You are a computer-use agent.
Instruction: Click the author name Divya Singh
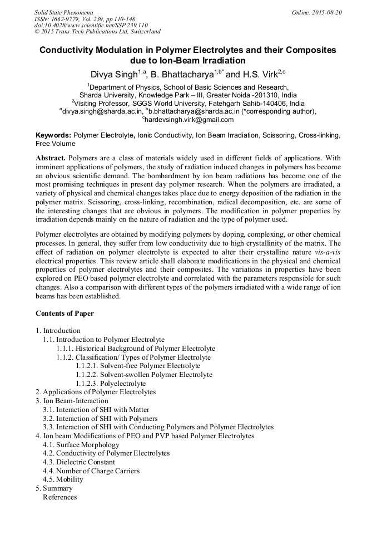(x=113, y=75)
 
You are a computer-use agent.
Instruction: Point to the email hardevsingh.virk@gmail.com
(x=190, y=119)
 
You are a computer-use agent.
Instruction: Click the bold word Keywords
(x=53, y=135)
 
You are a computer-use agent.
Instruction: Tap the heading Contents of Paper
(x=65, y=313)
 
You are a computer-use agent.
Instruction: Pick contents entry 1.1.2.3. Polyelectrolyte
(x=111, y=384)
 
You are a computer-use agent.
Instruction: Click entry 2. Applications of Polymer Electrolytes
(x=96, y=392)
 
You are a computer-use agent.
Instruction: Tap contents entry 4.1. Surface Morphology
(x=81, y=445)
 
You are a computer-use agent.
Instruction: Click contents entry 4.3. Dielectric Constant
(x=79, y=462)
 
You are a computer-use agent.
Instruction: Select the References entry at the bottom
(x=59, y=497)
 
